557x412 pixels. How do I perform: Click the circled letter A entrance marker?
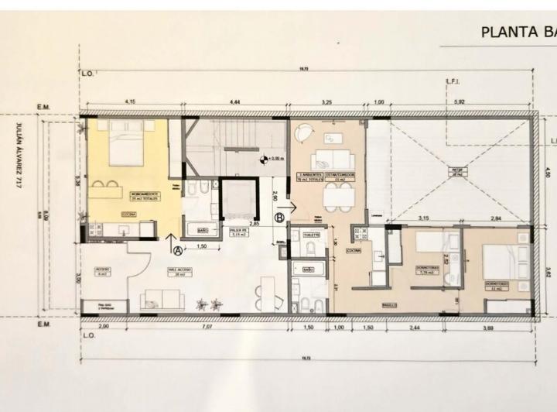pos(178,250)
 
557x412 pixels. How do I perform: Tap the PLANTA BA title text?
pos(518,32)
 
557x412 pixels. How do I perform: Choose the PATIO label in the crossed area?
pos(458,172)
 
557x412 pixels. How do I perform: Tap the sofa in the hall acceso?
pos(164,298)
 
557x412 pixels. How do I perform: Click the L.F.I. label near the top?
pos(454,81)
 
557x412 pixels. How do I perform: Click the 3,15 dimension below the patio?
pos(422,218)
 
